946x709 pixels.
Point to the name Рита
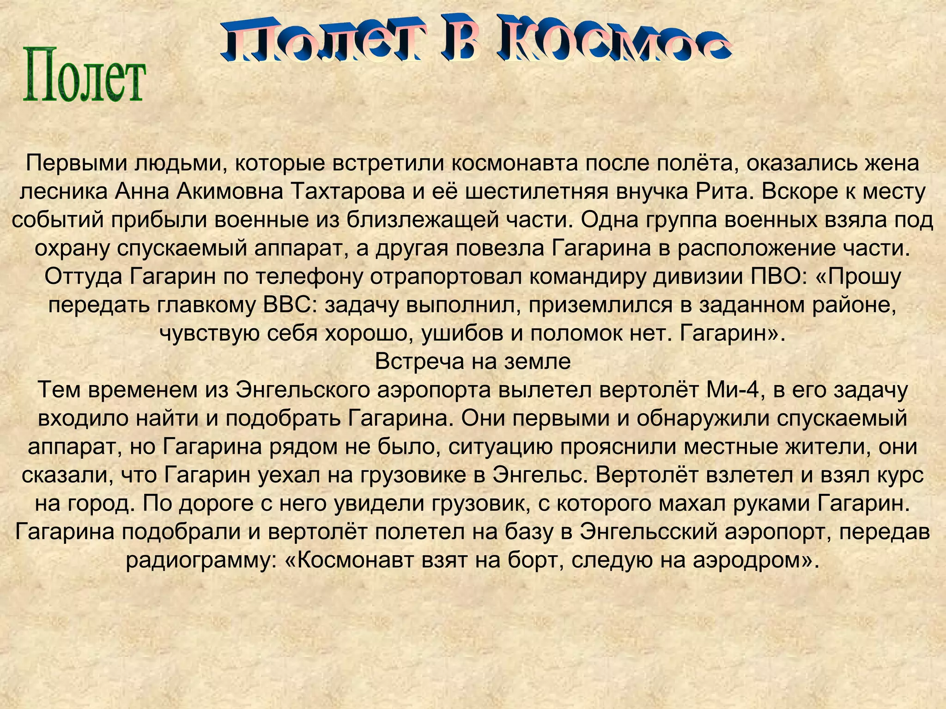coord(722,192)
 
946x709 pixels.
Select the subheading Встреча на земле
coord(473,361)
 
